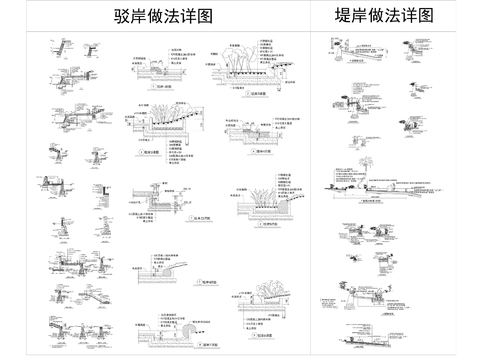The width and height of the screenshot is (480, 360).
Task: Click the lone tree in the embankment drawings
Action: (x=361, y=157)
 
